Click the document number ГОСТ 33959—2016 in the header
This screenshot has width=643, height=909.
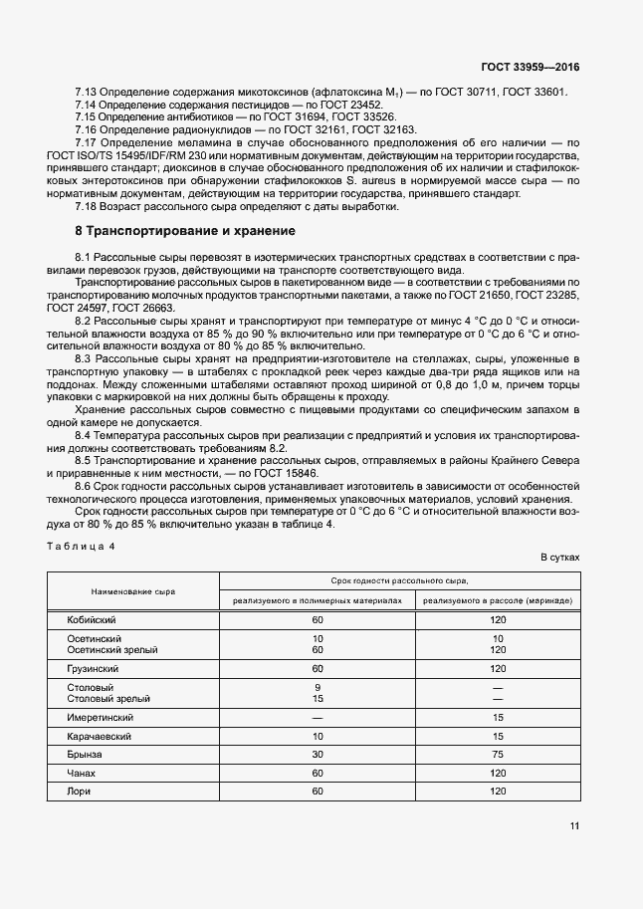(x=531, y=67)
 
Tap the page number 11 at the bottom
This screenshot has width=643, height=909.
(x=573, y=825)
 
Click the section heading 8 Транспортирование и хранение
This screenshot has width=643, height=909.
(x=179, y=231)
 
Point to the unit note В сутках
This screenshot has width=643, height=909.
(x=559, y=559)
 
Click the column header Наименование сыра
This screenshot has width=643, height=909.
(x=133, y=591)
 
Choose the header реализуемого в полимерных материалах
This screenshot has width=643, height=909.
(x=318, y=601)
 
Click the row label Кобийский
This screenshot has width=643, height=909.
(x=89, y=619)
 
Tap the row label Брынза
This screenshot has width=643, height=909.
(x=84, y=755)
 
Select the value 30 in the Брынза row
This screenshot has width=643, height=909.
(x=318, y=755)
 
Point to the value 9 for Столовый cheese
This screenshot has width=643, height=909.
(x=318, y=687)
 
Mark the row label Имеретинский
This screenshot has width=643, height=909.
(x=100, y=717)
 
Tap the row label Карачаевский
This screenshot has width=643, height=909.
(x=100, y=736)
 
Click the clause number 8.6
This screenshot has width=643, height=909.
(x=85, y=488)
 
